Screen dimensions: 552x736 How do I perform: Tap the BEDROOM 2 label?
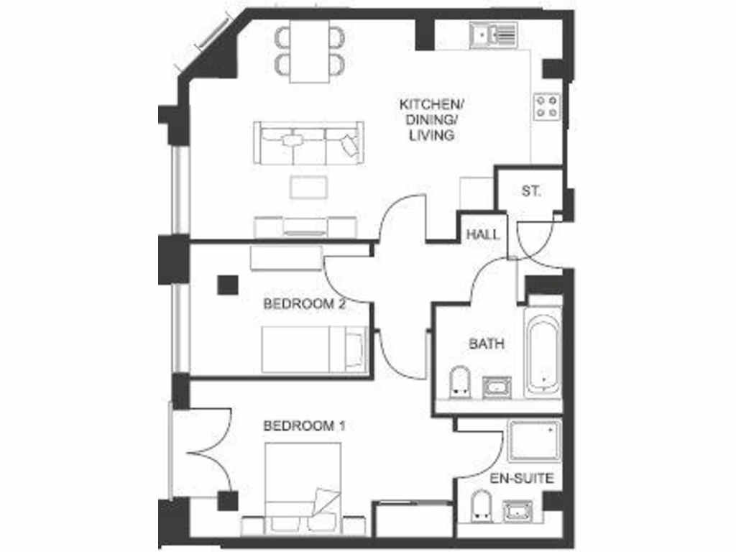coord(305,304)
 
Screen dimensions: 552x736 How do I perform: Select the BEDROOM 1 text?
coord(305,426)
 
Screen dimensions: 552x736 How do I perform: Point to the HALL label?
coord(483,235)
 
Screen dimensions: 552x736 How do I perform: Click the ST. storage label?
coord(531,191)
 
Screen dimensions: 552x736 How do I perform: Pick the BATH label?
coord(487,344)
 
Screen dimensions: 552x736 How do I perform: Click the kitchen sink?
coord(493,34)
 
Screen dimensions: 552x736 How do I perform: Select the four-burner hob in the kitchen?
coord(546,106)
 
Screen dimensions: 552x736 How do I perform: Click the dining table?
coord(310,52)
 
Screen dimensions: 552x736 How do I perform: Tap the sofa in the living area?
coord(309,142)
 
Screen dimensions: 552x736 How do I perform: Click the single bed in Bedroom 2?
coord(314,349)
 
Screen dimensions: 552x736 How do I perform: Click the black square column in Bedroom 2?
coord(228,285)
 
